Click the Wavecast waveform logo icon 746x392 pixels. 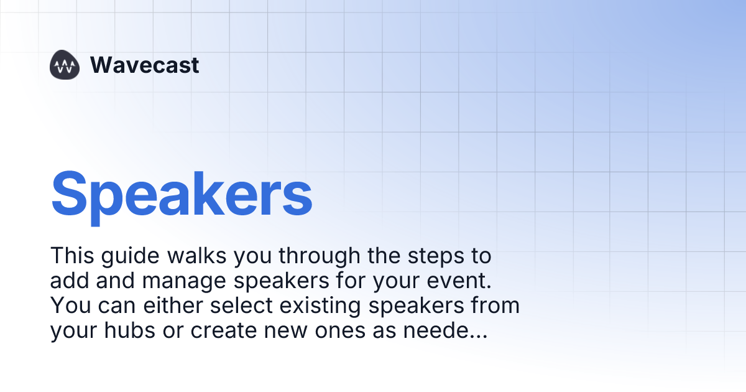coord(65,65)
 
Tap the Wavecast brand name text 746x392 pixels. coord(144,65)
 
